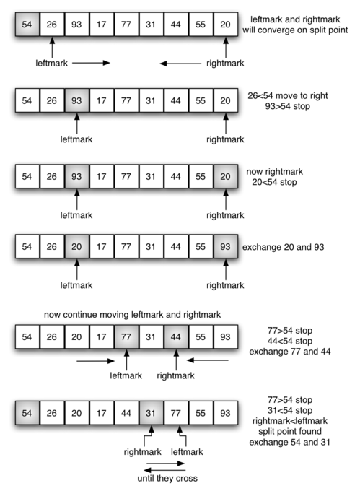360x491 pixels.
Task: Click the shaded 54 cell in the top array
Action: (27, 25)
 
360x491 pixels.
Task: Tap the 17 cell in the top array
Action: (102, 25)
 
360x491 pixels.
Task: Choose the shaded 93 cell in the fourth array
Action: (227, 248)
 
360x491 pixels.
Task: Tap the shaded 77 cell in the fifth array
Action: (126, 336)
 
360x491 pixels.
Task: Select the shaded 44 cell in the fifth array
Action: (176, 336)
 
